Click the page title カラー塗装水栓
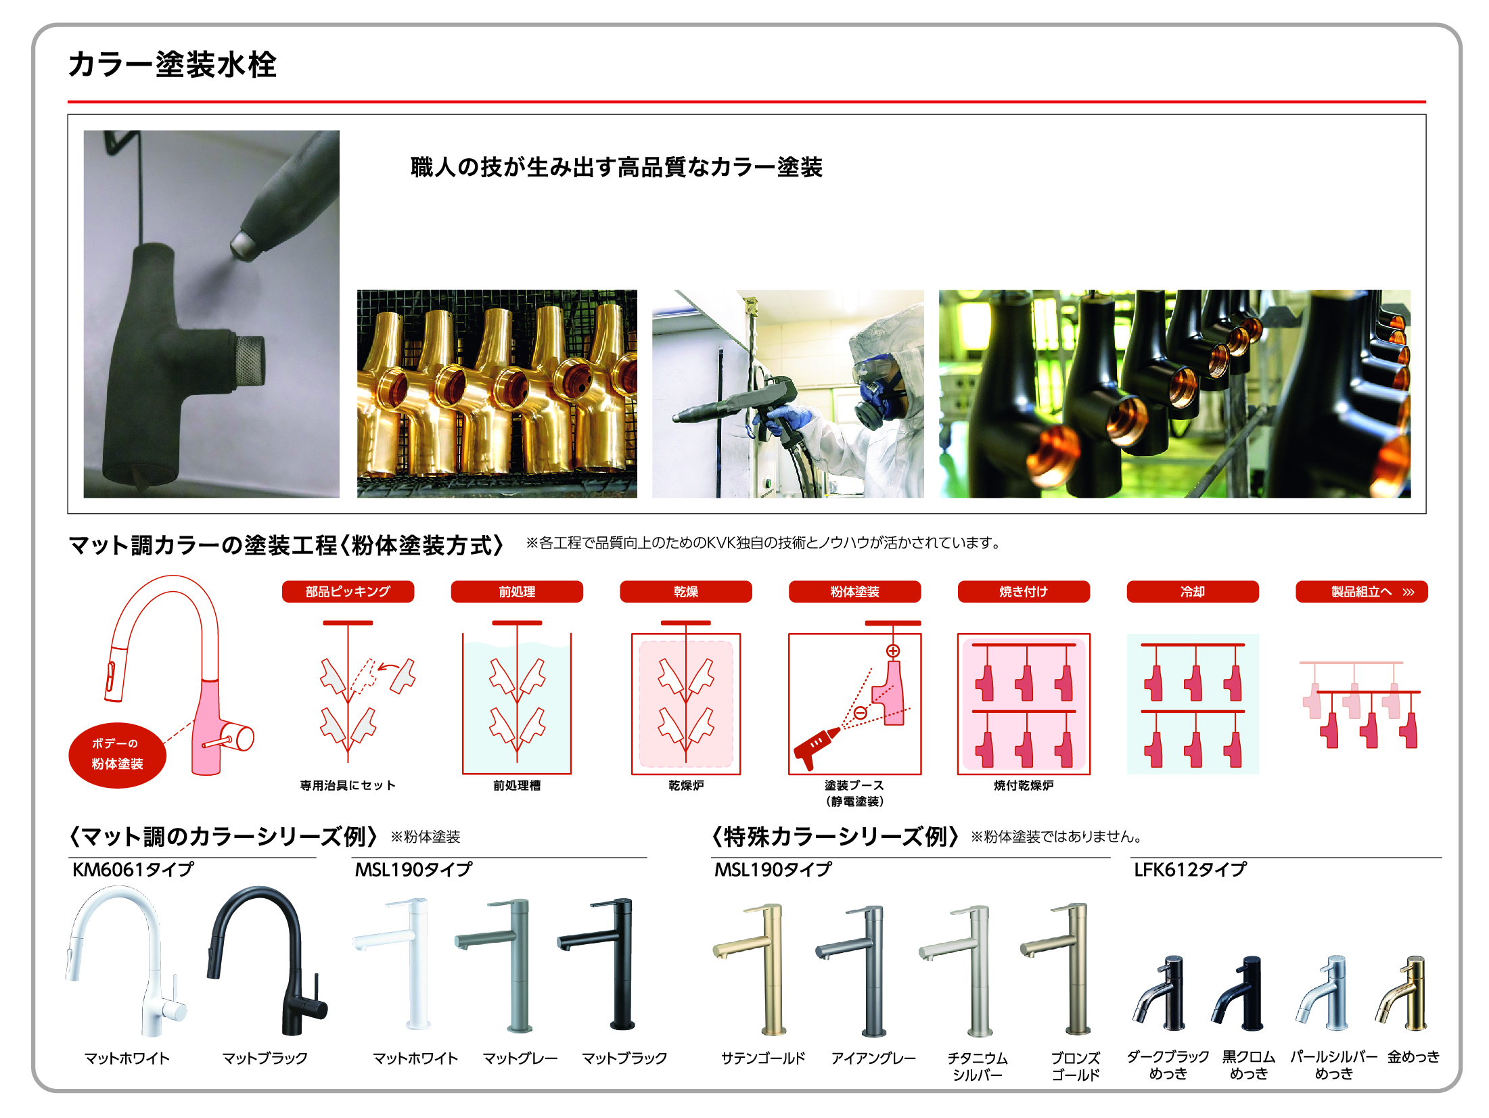(173, 64)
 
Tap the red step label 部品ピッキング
(348, 591)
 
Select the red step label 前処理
(517, 591)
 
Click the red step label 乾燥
(686, 591)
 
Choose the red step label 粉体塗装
(855, 591)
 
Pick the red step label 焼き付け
(1024, 591)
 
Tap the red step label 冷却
(1193, 591)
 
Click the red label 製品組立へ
(1362, 591)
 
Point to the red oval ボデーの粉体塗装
(117, 755)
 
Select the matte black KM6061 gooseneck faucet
(267, 960)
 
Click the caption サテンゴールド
(763, 1058)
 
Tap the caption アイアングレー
(873, 1058)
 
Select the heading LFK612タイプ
(1190, 869)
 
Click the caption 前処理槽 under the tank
(517, 785)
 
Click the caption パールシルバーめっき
(1333, 1065)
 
